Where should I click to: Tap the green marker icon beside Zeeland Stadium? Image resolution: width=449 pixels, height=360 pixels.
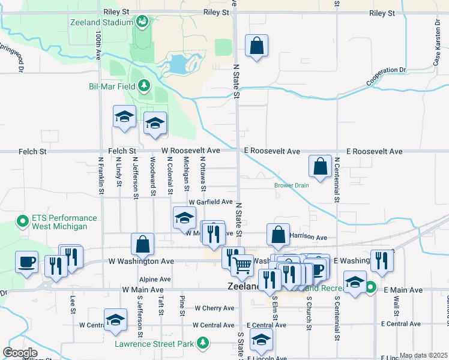point(142,23)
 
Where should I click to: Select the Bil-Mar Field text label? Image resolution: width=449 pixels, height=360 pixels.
point(112,86)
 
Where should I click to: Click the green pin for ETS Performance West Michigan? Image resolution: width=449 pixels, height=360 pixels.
point(23,222)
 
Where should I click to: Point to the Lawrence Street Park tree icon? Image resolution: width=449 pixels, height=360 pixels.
point(203,343)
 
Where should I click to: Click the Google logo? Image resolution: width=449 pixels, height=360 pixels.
point(20,353)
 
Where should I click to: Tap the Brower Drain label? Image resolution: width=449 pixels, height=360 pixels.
point(292,185)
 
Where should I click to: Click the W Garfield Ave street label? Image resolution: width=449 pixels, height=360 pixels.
point(210,202)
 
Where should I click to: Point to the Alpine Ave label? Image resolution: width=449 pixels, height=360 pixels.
point(155,280)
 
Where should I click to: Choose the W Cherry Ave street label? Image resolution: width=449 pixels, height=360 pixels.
point(214,308)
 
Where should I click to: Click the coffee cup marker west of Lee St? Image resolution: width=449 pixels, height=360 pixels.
point(27,262)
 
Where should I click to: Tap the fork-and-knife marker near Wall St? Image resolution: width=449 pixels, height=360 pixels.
point(382,260)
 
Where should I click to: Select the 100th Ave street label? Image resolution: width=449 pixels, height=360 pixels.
point(98,46)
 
